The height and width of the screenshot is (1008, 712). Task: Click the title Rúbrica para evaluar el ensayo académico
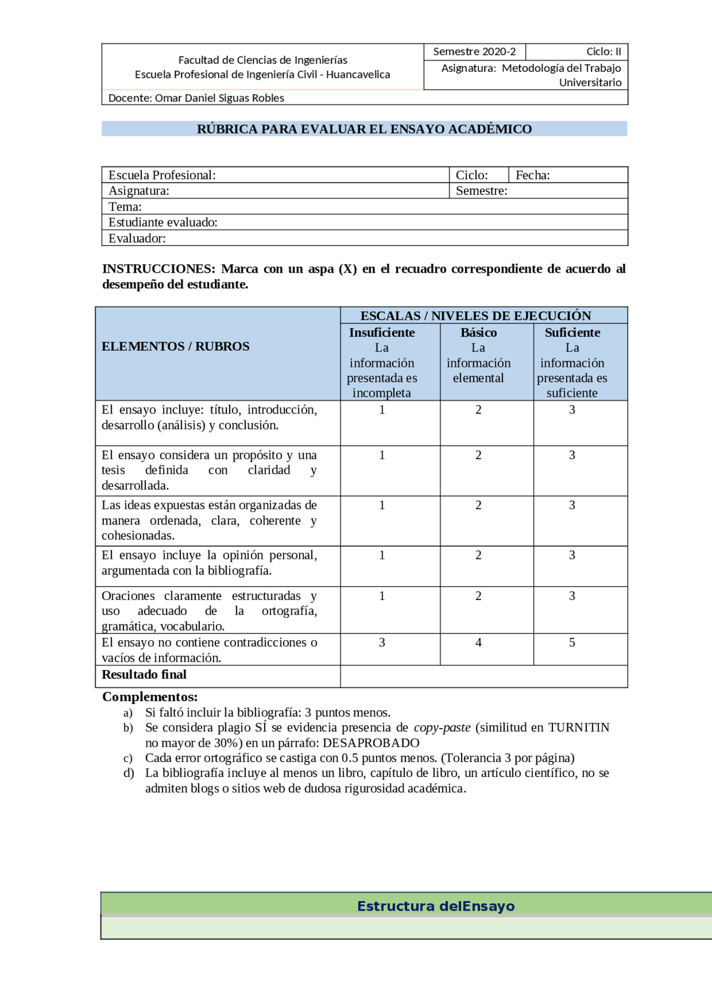coord(364,129)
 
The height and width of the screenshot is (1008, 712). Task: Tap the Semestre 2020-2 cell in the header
coord(474,52)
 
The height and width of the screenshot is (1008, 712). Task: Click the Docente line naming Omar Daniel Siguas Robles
coord(196,98)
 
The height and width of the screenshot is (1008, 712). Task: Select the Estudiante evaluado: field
coord(163,222)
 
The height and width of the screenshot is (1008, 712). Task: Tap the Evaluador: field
coord(137,238)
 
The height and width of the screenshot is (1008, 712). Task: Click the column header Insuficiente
coord(382,332)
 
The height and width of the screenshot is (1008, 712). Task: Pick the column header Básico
coord(478,332)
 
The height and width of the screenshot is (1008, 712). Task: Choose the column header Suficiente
coord(572,332)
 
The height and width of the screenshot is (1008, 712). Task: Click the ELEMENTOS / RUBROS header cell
coord(175,346)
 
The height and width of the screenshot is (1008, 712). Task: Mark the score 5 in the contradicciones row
coord(572,642)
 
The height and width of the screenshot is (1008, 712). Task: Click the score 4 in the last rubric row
coord(478,642)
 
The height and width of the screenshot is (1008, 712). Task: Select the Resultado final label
coord(144,675)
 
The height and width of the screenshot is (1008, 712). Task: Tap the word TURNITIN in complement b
coord(578,727)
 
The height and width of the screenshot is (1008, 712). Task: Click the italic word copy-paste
coord(442,727)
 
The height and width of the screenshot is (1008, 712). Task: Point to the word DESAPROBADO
coord(371,743)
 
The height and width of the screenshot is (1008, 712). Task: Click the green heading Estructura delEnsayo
coord(436,906)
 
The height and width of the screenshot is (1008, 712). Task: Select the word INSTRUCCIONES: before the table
coord(159,269)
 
